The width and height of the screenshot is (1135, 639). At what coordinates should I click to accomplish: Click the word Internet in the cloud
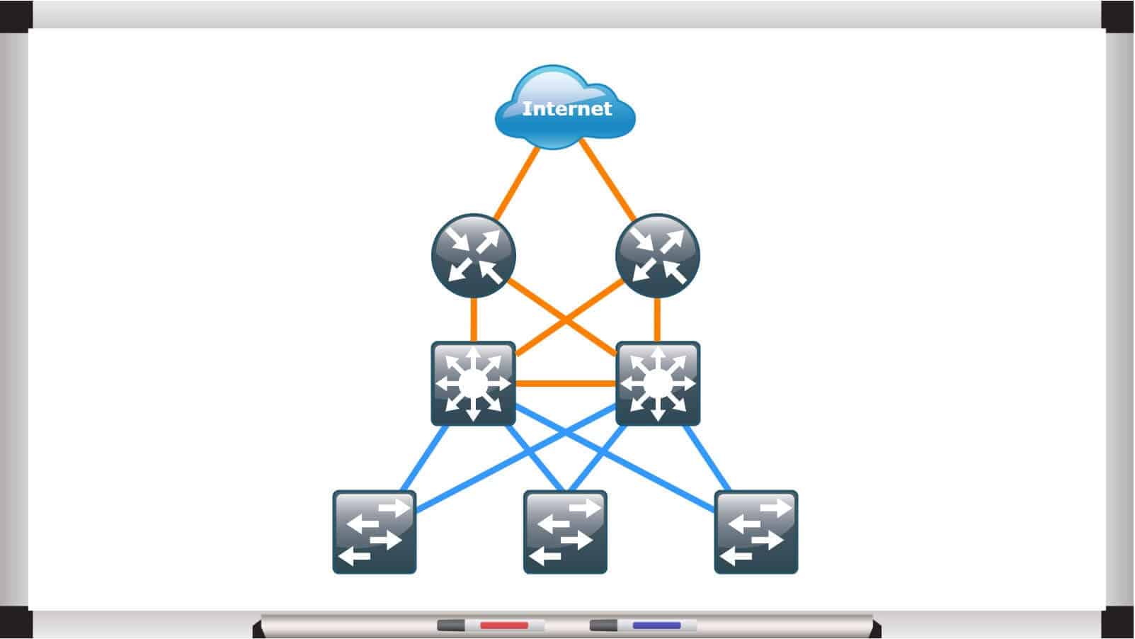point(566,109)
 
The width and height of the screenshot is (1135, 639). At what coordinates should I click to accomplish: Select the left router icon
point(473,256)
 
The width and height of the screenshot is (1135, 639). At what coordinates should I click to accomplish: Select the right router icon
point(658,256)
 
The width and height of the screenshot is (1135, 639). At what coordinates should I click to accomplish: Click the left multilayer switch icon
point(473,383)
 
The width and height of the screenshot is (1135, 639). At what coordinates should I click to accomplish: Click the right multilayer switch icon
point(658,383)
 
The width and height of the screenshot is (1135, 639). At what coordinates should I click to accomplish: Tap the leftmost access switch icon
point(374,531)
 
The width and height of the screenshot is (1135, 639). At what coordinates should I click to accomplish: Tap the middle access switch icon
point(565,531)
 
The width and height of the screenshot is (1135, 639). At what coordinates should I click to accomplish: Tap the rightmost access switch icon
point(755,531)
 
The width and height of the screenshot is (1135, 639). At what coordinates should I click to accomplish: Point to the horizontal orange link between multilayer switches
point(565,383)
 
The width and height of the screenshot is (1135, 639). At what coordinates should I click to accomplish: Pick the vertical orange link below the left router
point(473,319)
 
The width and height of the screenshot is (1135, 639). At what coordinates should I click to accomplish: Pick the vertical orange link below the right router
point(658,319)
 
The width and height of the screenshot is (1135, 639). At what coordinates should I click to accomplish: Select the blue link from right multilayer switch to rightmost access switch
point(705,458)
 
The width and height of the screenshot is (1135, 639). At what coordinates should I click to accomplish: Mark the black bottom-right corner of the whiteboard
point(1118,623)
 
